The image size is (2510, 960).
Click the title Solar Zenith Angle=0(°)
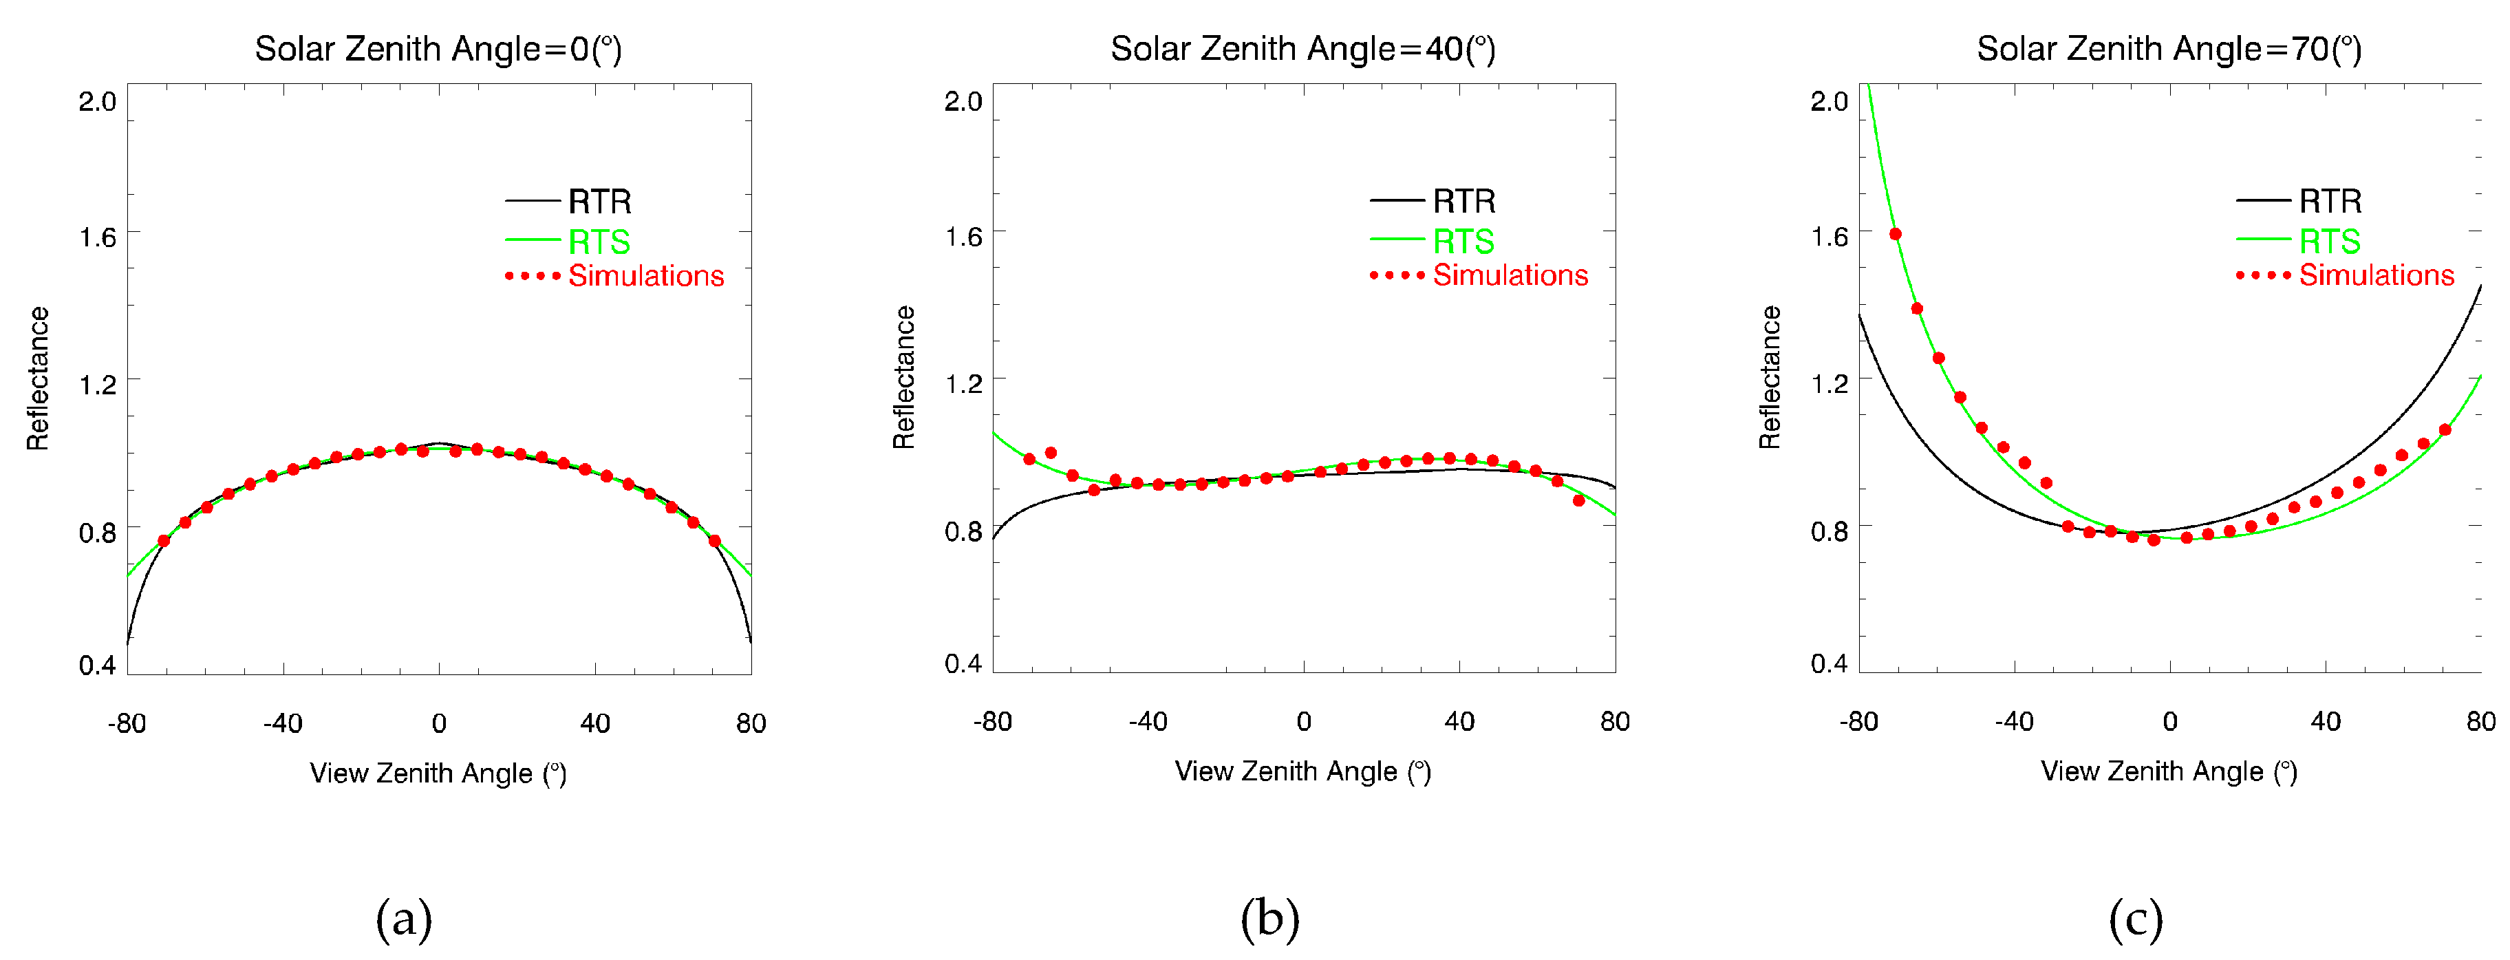pos(438,49)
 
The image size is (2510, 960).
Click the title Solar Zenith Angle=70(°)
pos(2169,49)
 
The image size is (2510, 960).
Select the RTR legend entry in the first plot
pos(599,202)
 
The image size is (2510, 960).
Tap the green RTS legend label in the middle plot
pos(1463,241)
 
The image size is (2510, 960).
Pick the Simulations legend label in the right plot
pos(2377,276)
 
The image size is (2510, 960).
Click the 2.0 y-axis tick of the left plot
pos(98,101)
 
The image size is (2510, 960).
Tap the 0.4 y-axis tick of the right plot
pos(1829,663)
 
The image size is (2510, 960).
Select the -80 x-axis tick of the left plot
pos(127,723)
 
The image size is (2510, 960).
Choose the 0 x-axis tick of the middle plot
pos(1304,721)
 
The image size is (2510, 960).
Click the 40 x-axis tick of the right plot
pos(2325,721)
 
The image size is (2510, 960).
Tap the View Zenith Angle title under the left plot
pos(438,773)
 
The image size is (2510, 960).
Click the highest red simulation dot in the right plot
pos(1895,234)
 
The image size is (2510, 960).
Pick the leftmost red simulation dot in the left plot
pos(164,541)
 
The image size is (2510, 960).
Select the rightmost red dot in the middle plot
pos(1578,501)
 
